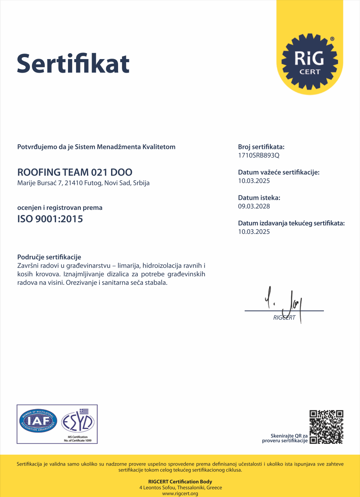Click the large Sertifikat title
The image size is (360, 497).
73,63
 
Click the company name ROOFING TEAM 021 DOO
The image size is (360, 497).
75,172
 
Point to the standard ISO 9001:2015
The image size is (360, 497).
50,219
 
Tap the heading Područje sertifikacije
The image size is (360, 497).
49,257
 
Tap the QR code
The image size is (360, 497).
326,427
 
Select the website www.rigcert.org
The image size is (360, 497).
180,494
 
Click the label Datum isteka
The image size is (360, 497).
259,198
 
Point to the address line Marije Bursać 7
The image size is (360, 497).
83,183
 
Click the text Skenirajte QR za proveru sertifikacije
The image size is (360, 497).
285,438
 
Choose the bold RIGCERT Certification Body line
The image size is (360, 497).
180,482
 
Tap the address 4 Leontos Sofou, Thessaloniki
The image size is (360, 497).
180,488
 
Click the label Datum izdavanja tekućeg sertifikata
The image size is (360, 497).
291,223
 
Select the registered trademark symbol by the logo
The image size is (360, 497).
332,39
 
